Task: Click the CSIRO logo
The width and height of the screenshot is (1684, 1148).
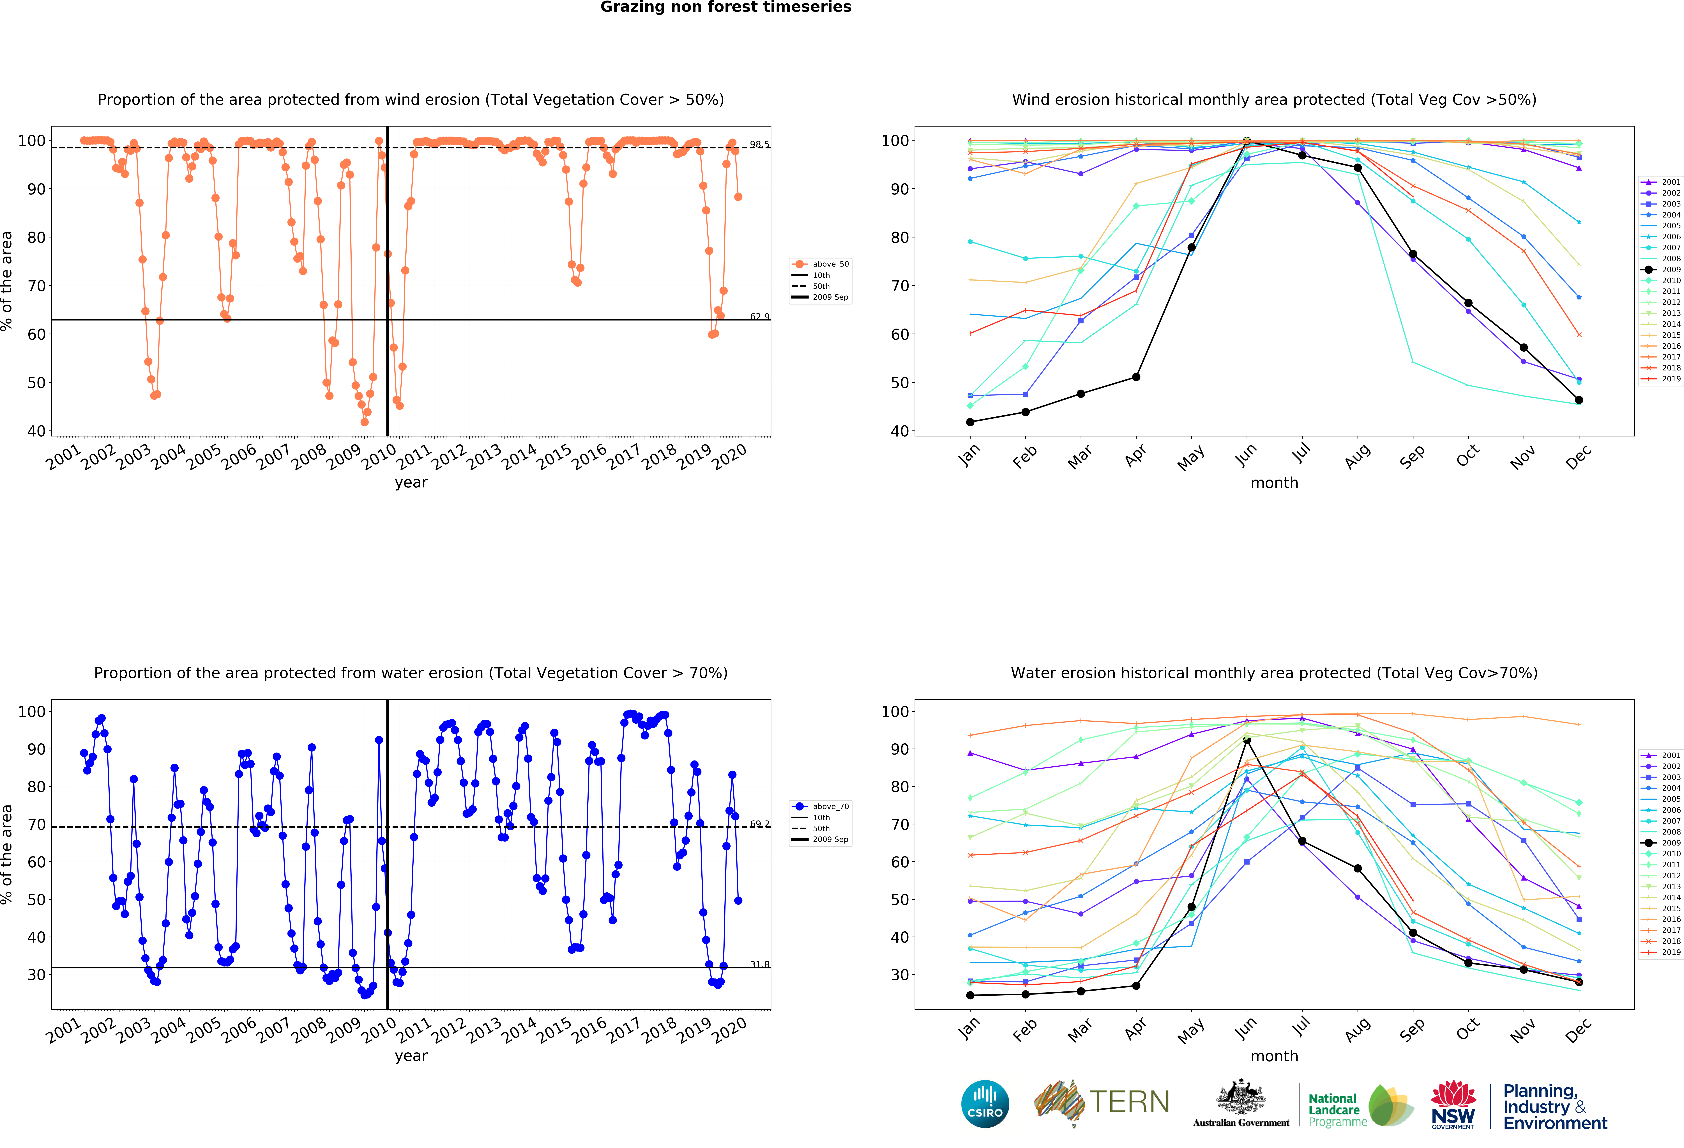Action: pyautogui.click(x=985, y=1104)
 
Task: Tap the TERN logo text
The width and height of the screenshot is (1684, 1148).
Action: pyautogui.click(x=1129, y=1102)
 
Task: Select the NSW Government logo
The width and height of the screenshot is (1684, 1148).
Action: pyautogui.click(x=1453, y=1105)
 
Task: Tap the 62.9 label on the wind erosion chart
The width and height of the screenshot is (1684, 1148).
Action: pyautogui.click(x=759, y=317)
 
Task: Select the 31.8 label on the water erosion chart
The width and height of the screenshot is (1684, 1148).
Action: pyautogui.click(x=759, y=965)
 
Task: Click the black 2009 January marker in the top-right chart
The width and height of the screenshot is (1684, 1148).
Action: pyautogui.click(x=970, y=422)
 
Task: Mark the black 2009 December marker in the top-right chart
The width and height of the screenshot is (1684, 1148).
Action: pyautogui.click(x=1579, y=400)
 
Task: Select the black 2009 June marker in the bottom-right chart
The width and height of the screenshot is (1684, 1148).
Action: pyautogui.click(x=1247, y=741)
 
